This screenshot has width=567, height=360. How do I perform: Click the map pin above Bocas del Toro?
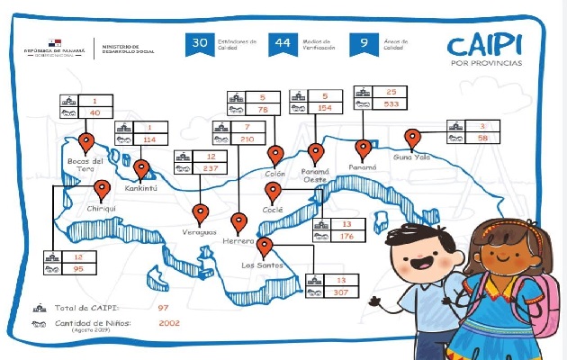pyautogui.click(x=87, y=141)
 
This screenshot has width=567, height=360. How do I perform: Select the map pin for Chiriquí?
pyautogui.click(x=103, y=189)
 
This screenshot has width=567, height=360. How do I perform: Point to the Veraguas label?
pyautogui.click(x=200, y=232)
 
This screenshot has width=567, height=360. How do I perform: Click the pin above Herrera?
pyautogui.click(x=239, y=221)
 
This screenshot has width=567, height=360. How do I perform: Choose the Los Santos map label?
pyautogui.click(x=263, y=265)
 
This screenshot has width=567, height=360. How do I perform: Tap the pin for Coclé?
pyautogui.click(x=273, y=191)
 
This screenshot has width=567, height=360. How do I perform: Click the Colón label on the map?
pyautogui.click(x=275, y=174)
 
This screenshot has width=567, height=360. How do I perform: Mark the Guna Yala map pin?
pyautogui.click(x=413, y=138)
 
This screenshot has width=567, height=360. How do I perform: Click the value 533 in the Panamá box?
pyautogui.click(x=391, y=103)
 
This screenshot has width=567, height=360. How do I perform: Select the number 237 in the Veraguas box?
pyautogui.click(x=211, y=168)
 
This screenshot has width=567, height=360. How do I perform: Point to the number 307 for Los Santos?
pyautogui.click(x=340, y=292)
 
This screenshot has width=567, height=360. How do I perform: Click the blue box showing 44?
pyautogui.click(x=283, y=43)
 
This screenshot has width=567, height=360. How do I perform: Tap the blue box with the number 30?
pyautogui.click(x=200, y=43)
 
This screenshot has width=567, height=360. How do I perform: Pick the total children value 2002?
pyautogui.click(x=170, y=322)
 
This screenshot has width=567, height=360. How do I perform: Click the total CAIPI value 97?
pyautogui.click(x=163, y=308)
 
